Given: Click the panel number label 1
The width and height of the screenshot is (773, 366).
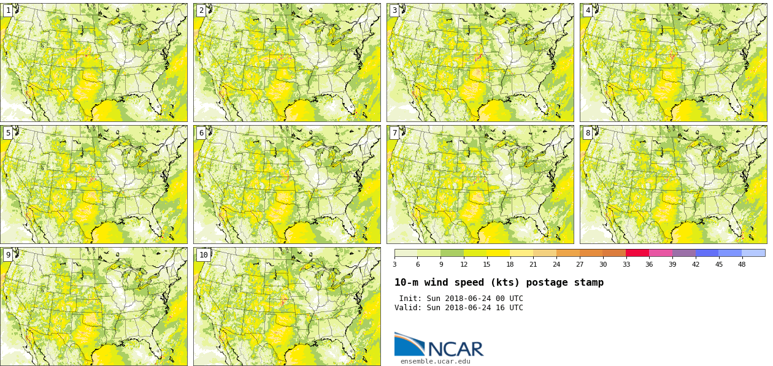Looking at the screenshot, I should [8, 10].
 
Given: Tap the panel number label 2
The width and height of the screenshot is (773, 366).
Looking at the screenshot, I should [201, 10].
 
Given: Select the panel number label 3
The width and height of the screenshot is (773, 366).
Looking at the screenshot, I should [394, 10].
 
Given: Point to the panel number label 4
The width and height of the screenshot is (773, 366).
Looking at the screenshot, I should [588, 10].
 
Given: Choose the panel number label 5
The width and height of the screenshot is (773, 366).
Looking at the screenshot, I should [8, 133].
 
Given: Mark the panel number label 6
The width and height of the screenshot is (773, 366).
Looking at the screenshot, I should [201, 133].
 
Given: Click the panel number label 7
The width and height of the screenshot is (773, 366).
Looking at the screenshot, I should [394, 133].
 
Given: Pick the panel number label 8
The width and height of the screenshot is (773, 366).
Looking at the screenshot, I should [588, 133].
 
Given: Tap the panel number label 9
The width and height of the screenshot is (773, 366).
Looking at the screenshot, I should [8, 255].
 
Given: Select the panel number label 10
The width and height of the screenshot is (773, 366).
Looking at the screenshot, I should [203, 255].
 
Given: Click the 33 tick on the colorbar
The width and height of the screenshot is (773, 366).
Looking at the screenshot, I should [626, 264].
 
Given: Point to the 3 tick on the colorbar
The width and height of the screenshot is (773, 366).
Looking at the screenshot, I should [394, 264].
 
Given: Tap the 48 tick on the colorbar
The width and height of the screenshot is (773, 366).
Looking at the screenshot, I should [742, 264].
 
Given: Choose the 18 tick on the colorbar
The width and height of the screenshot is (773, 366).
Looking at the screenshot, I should [510, 264].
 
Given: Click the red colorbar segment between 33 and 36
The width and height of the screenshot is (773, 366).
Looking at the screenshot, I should [637, 253].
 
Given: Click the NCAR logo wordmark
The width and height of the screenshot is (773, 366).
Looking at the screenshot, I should [455, 349].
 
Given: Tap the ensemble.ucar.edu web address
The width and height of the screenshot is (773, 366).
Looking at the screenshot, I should [435, 361].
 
